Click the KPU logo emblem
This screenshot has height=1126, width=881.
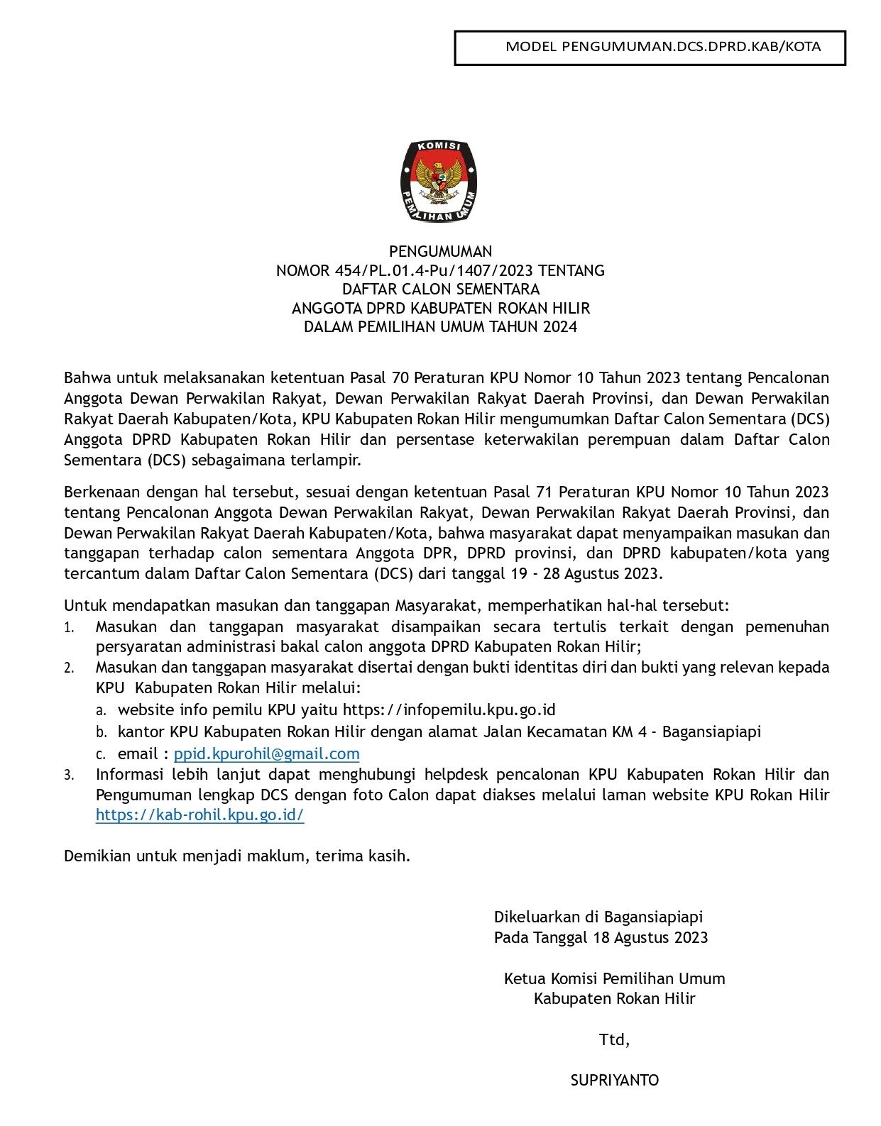pyautogui.click(x=440, y=181)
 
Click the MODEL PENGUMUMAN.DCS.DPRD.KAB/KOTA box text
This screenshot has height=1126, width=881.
pyautogui.click(x=662, y=47)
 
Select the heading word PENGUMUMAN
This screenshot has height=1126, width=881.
pyautogui.click(x=440, y=251)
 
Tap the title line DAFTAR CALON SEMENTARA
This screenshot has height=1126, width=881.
pyautogui.click(x=440, y=289)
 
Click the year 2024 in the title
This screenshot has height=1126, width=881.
pyautogui.click(x=559, y=327)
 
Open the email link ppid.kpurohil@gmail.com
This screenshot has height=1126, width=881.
pyautogui.click(x=266, y=754)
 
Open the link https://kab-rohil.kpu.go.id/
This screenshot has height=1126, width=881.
pyautogui.click(x=199, y=815)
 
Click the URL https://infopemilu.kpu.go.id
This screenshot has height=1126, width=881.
pyautogui.click(x=449, y=710)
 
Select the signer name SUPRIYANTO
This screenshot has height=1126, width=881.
pyautogui.click(x=615, y=1081)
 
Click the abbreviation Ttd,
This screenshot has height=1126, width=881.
pyautogui.click(x=614, y=1040)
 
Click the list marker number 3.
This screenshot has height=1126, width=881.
pyautogui.click(x=69, y=775)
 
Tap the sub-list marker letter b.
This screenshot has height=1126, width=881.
pyautogui.click(x=102, y=732)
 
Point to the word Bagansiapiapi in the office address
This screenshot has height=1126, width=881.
pyautogui.click(x=711, y=732)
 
